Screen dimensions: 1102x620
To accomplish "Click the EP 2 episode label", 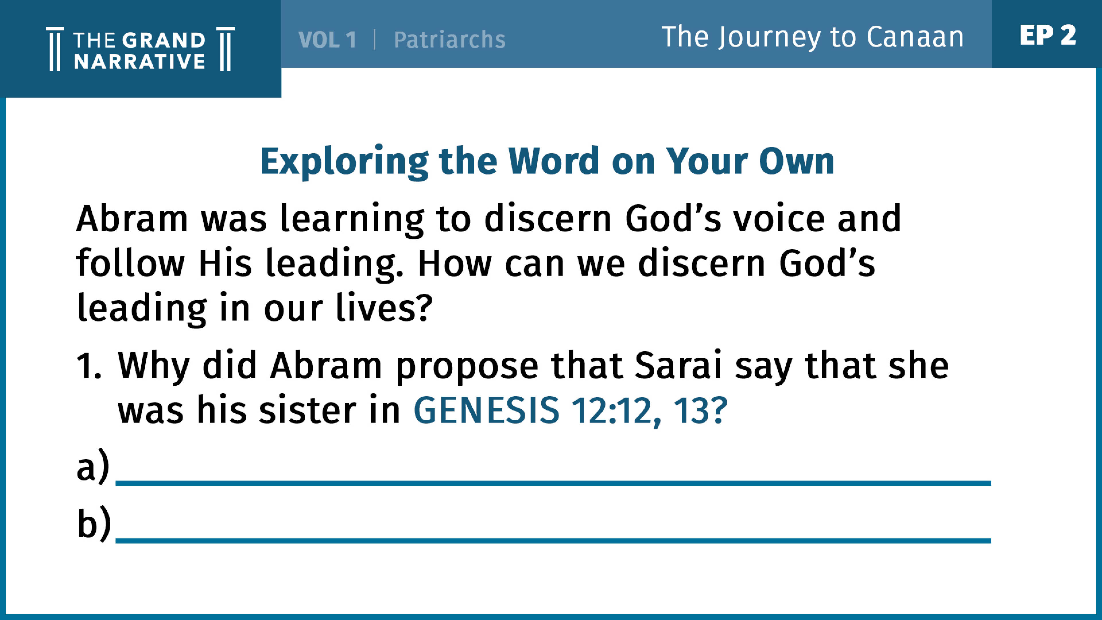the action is (x=1048, y=35).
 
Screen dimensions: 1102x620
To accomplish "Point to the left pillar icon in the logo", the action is (x=55, y=49).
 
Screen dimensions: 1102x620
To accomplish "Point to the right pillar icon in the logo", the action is (x=226, y=49).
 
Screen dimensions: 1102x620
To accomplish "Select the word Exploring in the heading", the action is (x=344, y=161).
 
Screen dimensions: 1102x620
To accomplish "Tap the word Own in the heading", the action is (x=797, y=161).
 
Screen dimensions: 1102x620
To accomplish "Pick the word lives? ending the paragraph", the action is (x=384, y=307).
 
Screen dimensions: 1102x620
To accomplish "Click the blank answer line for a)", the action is (x=553, y=483).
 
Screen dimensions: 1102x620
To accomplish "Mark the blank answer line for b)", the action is (x=553, y=541).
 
